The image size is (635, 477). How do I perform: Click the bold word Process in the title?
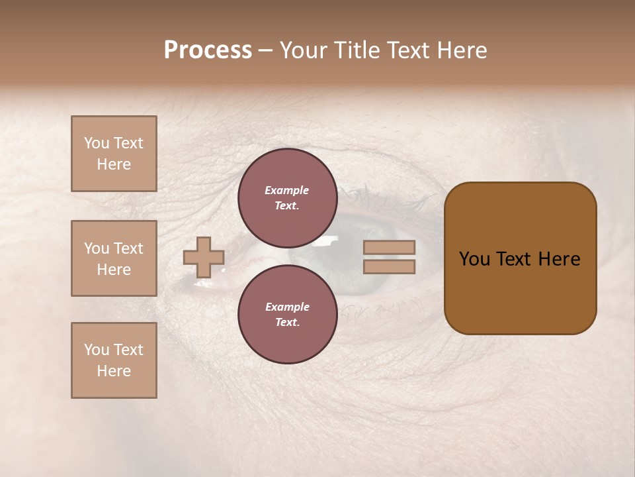coord(208,50)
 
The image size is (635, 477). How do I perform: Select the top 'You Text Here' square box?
coord(114,154)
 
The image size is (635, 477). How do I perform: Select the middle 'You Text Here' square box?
coord(114,258)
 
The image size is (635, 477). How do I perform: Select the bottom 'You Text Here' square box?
coord(114,360)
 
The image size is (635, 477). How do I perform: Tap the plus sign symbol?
coord(204,257)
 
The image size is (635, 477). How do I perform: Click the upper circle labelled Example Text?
coord(287,197)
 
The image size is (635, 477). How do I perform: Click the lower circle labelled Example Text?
coord(287,314)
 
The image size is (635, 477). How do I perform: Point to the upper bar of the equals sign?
coord(389,248)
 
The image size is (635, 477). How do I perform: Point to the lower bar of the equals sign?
coord(389,266)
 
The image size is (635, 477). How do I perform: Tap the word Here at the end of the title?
coord(461,50)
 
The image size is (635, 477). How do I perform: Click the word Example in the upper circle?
coord(287,190)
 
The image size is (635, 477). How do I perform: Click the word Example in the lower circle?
coord(287,307)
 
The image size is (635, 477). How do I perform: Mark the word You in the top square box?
coord(97,143)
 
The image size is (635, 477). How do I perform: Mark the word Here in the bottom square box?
coord(114,371)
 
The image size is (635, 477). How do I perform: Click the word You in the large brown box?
coord(474,259)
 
